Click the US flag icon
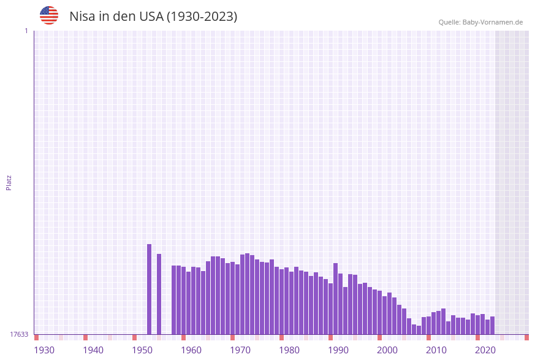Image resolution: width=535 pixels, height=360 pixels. tap(49, 15)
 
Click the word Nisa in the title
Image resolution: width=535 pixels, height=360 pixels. tap(84, 17)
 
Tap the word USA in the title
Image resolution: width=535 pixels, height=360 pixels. tap(151, 17)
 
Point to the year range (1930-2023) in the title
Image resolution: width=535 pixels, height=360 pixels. tap(202, 17)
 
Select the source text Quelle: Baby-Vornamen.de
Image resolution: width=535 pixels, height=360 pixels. tap(480, 22)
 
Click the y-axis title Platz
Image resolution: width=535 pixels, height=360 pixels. tap(9, 182)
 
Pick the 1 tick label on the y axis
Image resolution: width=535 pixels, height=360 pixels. tap(26, 31)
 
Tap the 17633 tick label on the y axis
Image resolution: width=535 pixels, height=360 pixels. tap(19, 334)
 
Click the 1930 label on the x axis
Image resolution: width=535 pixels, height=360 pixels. tap(44, 350)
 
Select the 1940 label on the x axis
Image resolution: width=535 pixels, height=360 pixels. tap(93, 350)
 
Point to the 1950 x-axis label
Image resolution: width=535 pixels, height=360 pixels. tap(142, 350)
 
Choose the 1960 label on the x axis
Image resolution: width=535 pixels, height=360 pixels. tap(191, 350)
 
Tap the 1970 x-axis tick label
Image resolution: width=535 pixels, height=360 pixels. tap(240, 350)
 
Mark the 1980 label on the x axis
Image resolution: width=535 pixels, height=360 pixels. tap(289, 350)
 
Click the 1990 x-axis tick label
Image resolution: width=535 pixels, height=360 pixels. tap(338, 350)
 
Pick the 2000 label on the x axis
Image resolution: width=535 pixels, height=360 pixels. tap(387, 350)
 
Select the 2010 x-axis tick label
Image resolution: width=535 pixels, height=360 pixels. tap(436, 350)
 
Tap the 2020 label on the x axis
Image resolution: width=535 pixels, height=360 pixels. tap(485, 350)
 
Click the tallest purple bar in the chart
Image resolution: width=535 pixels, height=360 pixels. tap(149, 289)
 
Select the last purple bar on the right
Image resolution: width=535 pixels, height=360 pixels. tap(492, 326)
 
